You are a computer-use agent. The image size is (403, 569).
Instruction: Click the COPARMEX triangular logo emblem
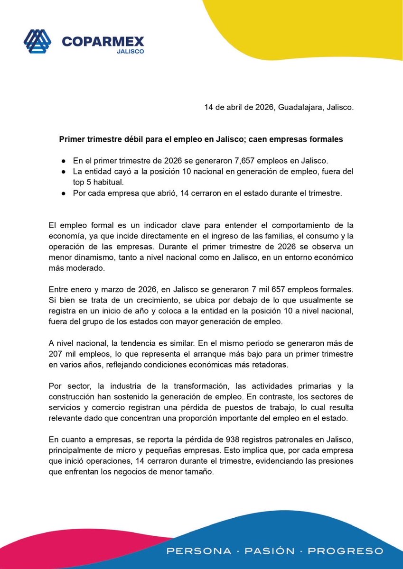(37, 42)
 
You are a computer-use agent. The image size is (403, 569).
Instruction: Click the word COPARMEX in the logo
(103, 42)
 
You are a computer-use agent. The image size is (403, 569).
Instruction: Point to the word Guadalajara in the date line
(300, 108)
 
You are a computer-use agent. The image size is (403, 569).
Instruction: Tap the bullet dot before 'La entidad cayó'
(64, 171)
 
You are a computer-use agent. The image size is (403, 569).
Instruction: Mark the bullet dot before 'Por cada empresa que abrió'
(64, 193)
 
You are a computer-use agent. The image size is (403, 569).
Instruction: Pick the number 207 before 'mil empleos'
(56, 355)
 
